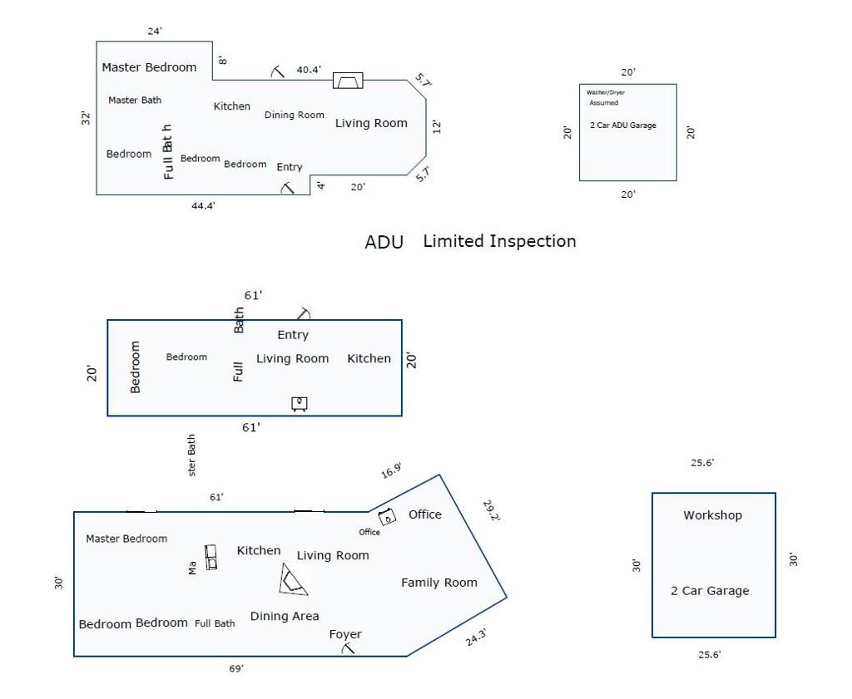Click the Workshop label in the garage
(712, 515)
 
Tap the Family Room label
(439, 583)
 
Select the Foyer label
(345, 634)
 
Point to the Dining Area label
(285, 616)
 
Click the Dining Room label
(295, 115)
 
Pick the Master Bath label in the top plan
(135, 100)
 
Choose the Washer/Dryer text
(606, 92)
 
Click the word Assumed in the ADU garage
(604, 103)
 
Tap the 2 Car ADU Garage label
(623, 126)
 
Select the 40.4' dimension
(309, 70)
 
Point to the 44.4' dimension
(204, 206)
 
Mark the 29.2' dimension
(491, 510)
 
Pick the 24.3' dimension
(476, 638)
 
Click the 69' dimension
(237, 668)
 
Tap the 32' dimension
(86, 118)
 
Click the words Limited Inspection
(499, 241)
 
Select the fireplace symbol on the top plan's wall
(348, 81)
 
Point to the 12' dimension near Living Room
(438, 126)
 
